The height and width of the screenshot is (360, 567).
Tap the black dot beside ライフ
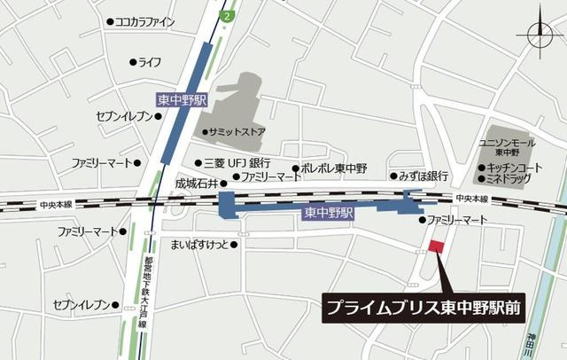[133, 62]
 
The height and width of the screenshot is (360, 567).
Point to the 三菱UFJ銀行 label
[237, 163]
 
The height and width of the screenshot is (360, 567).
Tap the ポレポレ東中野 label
[335, 167]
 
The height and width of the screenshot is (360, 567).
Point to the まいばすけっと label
[199, 245]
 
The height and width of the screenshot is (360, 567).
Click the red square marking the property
[434, 247]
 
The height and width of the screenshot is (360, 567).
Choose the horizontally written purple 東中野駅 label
[329, 213]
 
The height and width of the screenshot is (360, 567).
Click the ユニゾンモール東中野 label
[506, 146]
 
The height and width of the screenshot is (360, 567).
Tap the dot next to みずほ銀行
[392, 176]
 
